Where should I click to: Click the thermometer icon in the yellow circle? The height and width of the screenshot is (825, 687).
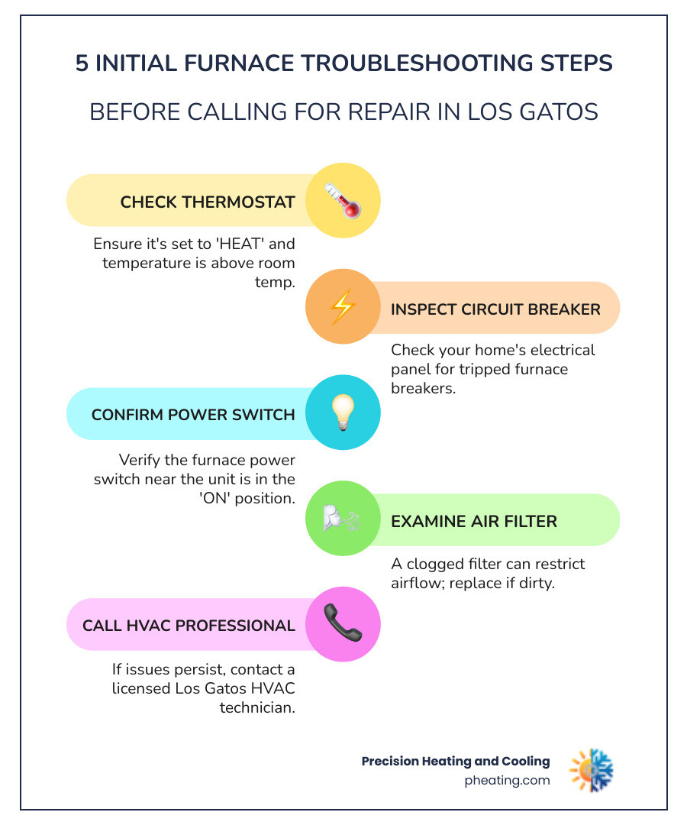click(x=342, y=201)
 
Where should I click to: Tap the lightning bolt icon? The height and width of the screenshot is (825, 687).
click(x=342, y=308)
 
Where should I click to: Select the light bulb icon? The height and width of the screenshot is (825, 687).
click(x=342, y=412)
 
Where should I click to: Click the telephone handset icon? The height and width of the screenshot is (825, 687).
click(x=342, y=623)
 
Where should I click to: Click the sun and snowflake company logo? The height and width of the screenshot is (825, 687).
click(x=592, y=769)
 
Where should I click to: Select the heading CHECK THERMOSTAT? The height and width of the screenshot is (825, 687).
click(x=208, y=202)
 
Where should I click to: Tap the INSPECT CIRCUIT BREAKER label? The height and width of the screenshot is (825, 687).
click(x=495, y=309)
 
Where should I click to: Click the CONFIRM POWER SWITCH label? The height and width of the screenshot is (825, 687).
click(x=193, y=415)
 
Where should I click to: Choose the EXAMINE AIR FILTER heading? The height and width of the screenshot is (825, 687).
click(x=474, y=522)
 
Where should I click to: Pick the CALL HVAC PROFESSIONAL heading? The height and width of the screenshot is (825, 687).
click(x=189, y=626)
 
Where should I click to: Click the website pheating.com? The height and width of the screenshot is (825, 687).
click(x=507, y=781)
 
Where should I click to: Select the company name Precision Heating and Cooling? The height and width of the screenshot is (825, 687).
click(x=456, y=761)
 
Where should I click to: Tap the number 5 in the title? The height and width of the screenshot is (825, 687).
click(x=82, y=63)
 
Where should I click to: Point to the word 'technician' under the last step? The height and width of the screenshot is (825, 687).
click(x=257, y=707)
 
